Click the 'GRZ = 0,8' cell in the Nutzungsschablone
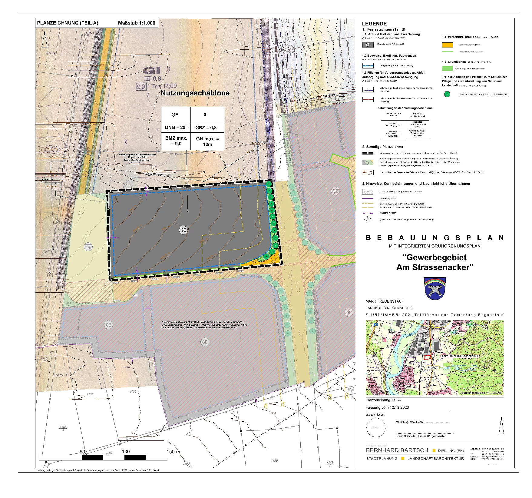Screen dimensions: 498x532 pyautogui.click(x=206, y=128)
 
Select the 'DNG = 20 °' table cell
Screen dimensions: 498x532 pyautogui.click(x=176, y=128)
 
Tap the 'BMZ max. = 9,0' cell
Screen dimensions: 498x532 pyautogui.click(x=176, y=141)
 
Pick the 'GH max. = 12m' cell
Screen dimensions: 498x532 pyautogui.click(x=207, y=141)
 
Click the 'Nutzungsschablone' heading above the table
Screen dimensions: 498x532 pyautogui.click(x=195, y=93)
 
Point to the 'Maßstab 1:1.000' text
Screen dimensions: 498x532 pyautogui.click(x=137, y=23)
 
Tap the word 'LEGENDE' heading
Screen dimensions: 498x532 pyautogui.click(x=374, y=24)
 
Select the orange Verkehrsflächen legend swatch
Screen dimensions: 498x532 pyautogui.click(x=447, y=45)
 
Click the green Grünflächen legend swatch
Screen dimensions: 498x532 pyautogui.click(x=447, y=68)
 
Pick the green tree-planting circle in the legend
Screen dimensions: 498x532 pyautogui.click(x=447, y=94)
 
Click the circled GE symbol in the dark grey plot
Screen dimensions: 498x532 pyautogui.click(x=183, y=230)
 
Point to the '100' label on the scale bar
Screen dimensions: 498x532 pyautogui.click(x=126, y=452)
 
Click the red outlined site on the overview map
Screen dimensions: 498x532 pyautogui.click(x=427, y=357)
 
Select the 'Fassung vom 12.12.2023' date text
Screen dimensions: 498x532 pyautogui.click(x=387, y=407)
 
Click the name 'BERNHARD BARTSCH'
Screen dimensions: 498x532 pyautogui.click(x=397, y=450)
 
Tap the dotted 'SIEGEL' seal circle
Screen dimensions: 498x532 pyautogui.click(x=376, y=427)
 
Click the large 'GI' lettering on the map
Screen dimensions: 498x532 pyautogui.click(x=151, y=71)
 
